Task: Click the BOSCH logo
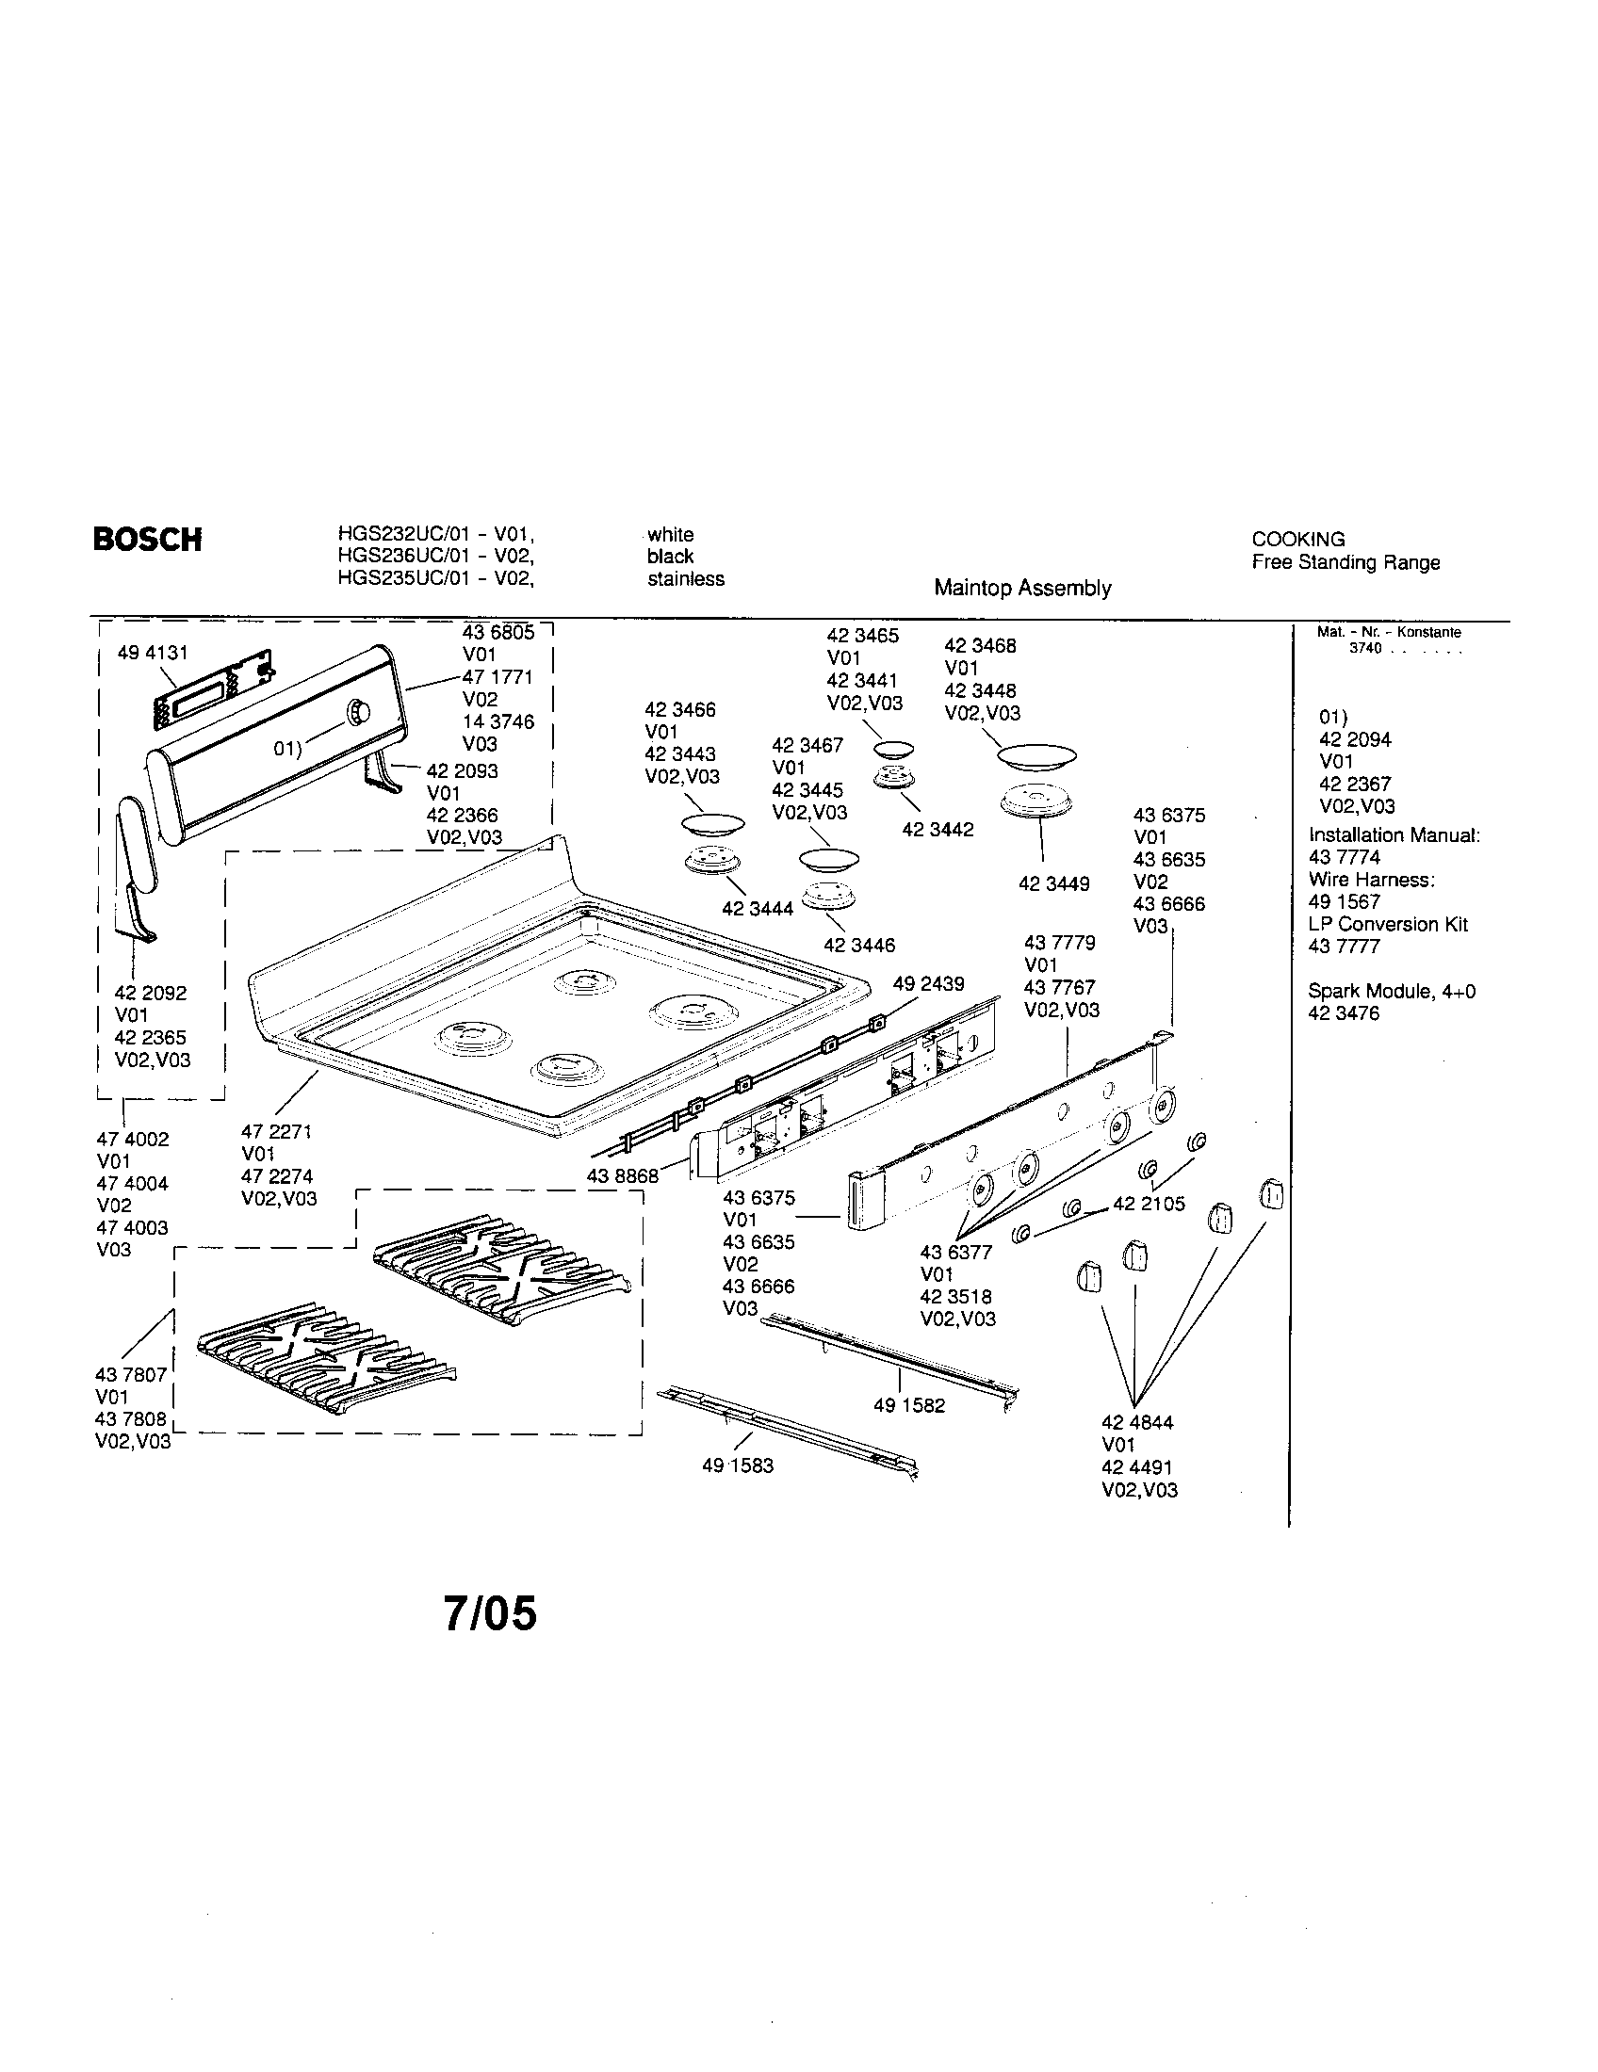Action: pos(147,540)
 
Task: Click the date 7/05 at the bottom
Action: pos(490,1612)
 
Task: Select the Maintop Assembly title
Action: pos(1022,589)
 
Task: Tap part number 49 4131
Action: pos(153,653)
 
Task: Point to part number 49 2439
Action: pos(928,984)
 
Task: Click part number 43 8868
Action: pos(623,1175)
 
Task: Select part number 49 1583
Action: pos(738,1465)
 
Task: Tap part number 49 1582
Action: pos(909,1405)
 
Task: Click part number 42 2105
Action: pos(1149,1204)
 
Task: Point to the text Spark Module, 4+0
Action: pos(1391,992)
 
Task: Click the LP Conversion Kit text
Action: pos(1387,924)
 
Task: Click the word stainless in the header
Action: pos(686,578)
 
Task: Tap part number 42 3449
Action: pos(1053,884)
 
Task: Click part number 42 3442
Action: pos(938,830)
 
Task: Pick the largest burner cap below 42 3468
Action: pos(1036,757)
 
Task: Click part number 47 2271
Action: pos(276,1132)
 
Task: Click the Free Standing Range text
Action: pos(1345,562)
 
